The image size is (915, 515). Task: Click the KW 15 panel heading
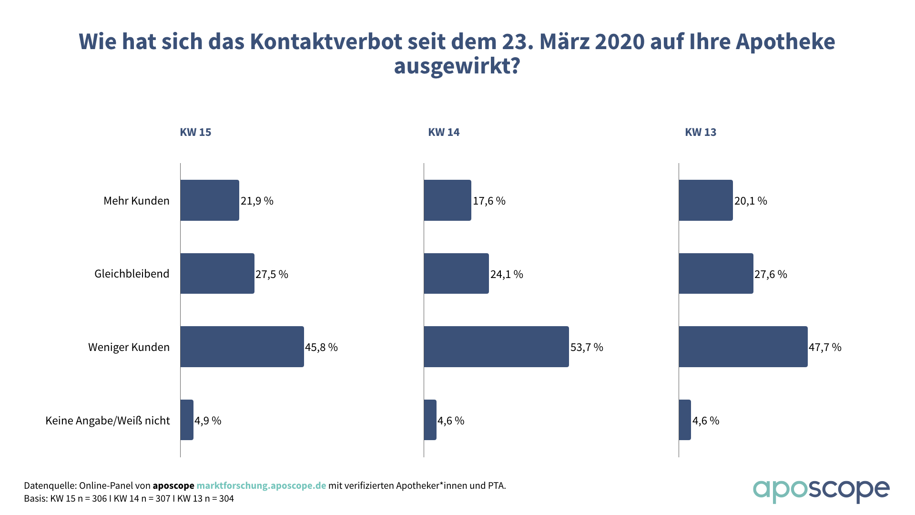[195, 132]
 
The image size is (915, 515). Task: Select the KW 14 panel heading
[444, 132]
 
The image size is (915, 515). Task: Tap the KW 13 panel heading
[701, 132]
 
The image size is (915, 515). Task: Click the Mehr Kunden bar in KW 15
[210, 200]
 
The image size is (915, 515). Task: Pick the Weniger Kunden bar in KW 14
[496, 347]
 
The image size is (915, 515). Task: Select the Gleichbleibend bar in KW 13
[716, 274]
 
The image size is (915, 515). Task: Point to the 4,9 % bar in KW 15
[187, 420]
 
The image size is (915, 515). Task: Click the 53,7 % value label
[587, 347]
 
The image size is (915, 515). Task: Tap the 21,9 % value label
[257, 201]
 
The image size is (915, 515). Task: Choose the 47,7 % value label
[825, 347]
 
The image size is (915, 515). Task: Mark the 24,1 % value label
[507, 274]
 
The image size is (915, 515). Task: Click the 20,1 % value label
[751, 201]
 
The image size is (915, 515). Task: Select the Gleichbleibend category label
[132, 274]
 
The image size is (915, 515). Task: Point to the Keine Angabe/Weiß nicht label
[108, 421]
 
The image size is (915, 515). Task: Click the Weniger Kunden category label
[129, 347]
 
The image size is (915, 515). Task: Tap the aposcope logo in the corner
[821, 491]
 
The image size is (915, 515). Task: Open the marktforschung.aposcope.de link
[261, 485]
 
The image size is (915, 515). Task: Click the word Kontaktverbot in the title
[326, 41]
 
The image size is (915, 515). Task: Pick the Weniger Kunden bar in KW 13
[743, 347]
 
